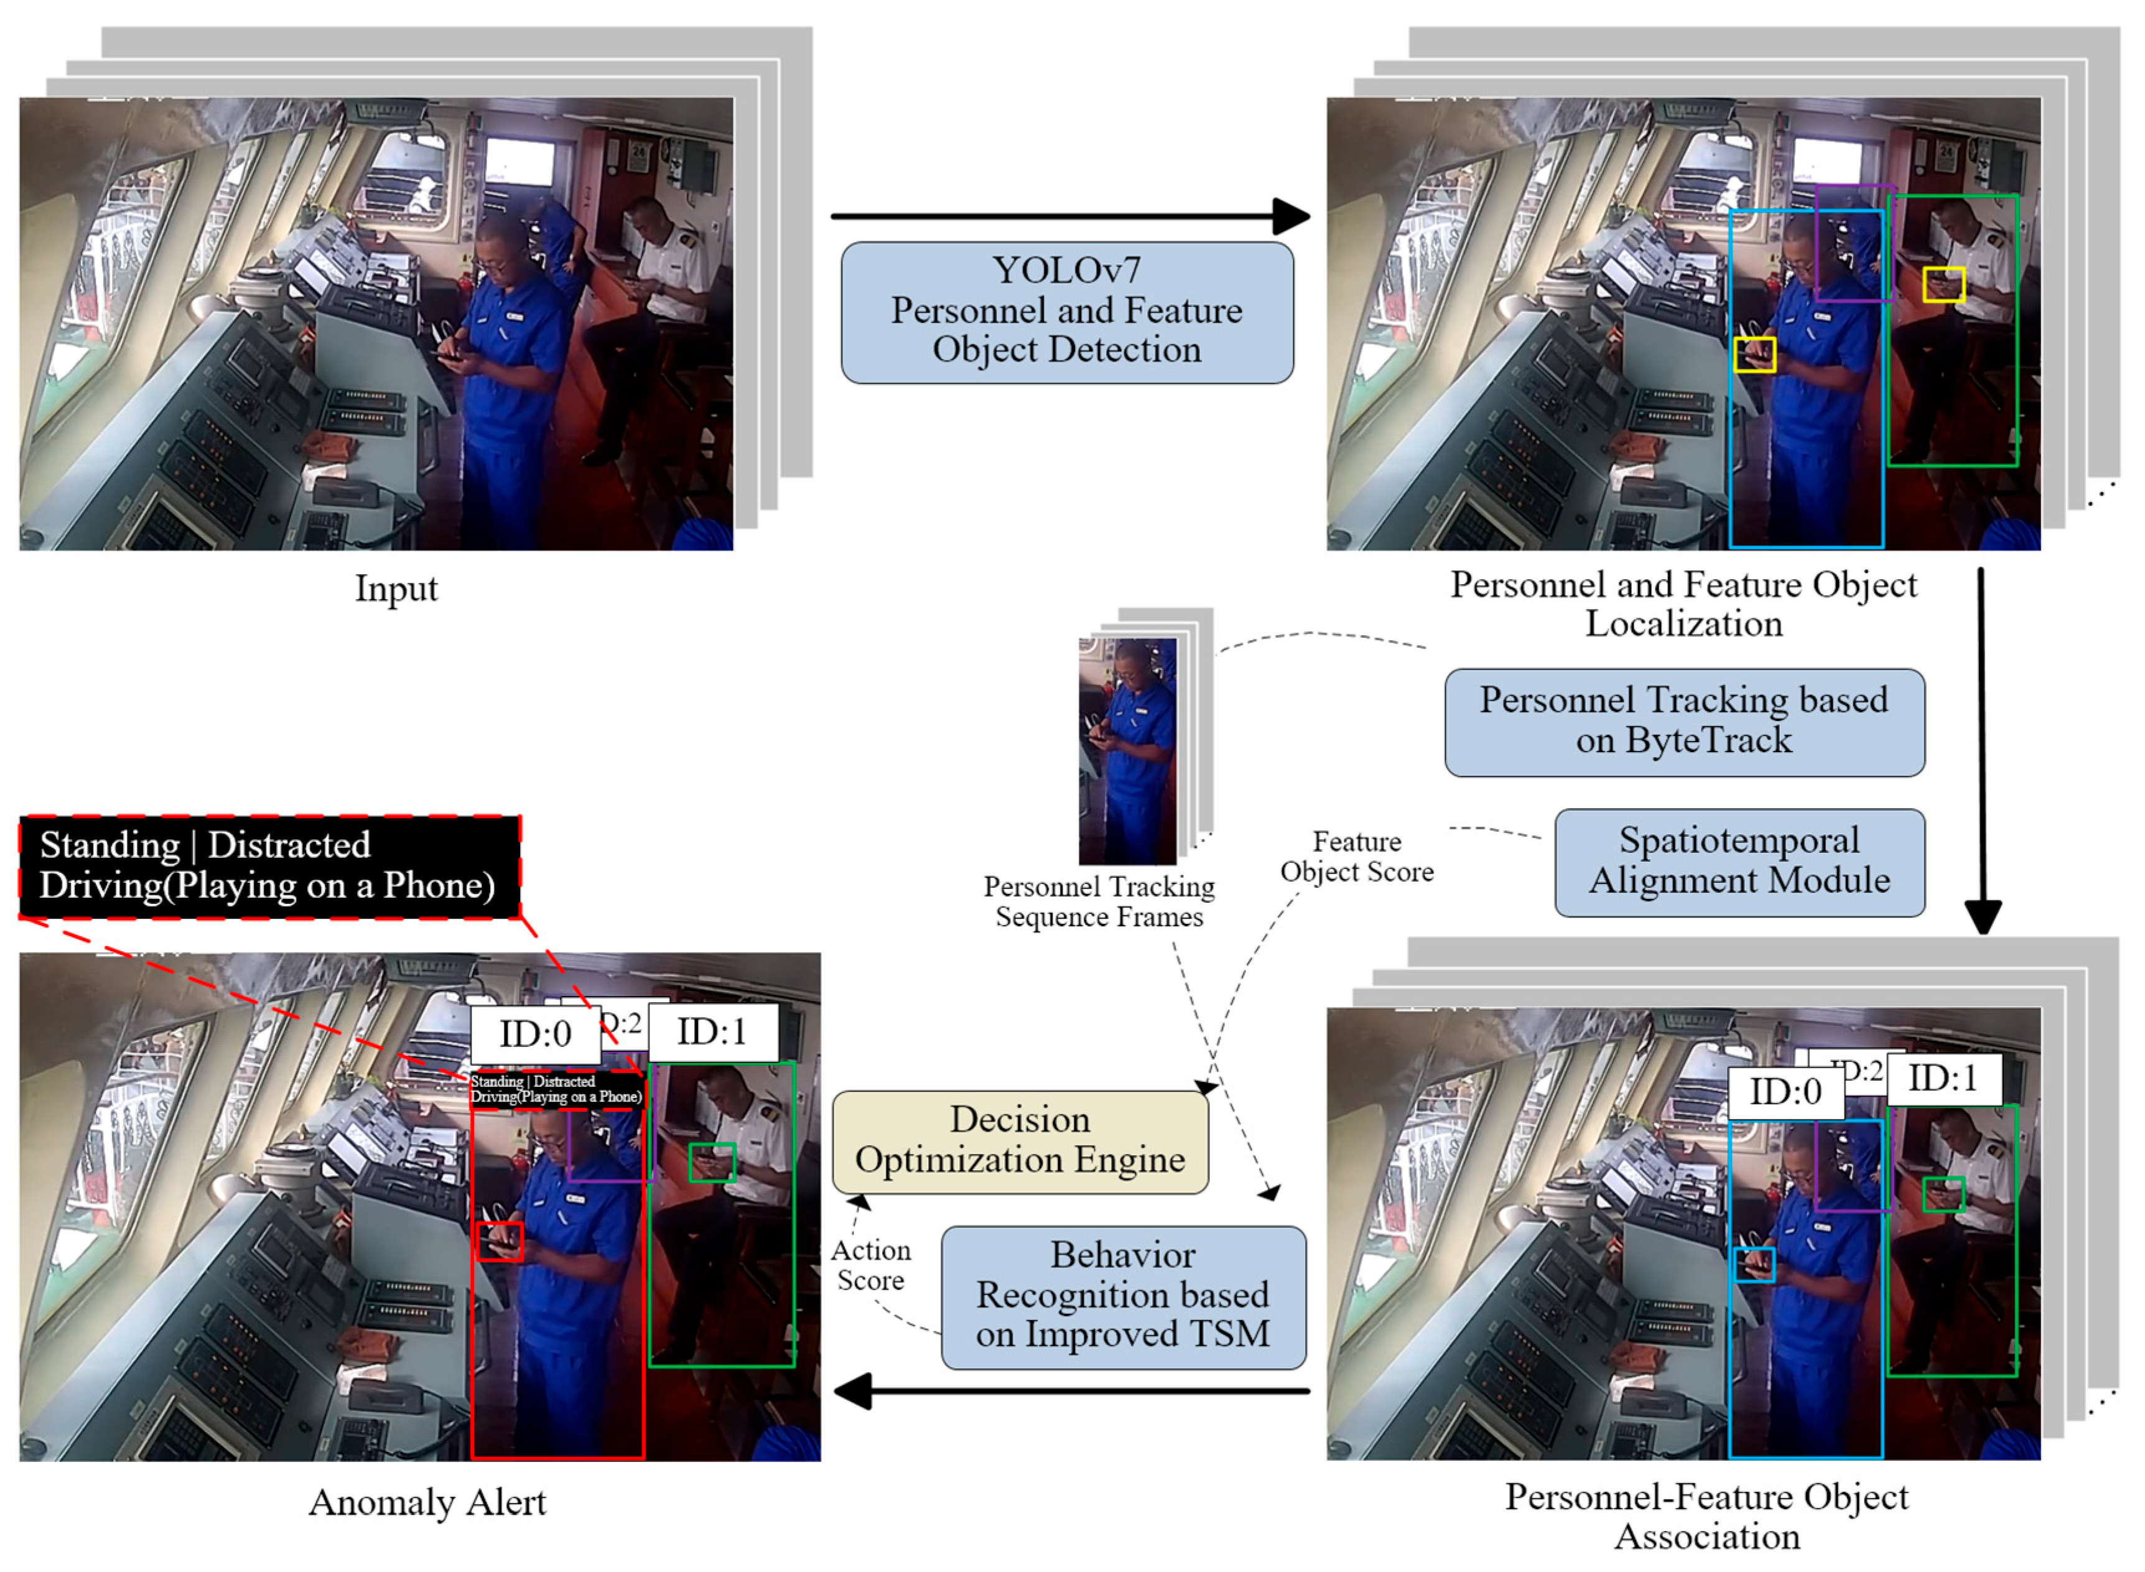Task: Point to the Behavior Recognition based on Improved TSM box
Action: coord(1123,1296)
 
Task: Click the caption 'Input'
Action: coord(396,588)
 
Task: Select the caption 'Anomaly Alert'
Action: coord(427,1502)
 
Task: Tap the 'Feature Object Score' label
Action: coord(1356,857)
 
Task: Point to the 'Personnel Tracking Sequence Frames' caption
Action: coord(1099,901)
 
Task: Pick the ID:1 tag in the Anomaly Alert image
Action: coord(712,1031)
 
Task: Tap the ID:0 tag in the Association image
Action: coord(1785,1092)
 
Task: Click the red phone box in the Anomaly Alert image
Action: coord(500,1241)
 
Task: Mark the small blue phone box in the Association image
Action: coord(1754,1263)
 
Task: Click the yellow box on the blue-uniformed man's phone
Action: coord(1754,354)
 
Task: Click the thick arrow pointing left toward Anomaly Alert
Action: coord(1071,1390)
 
